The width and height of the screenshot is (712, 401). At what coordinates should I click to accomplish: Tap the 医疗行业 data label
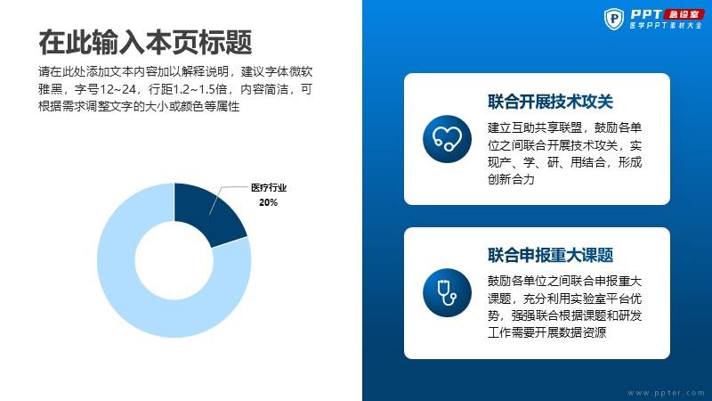pos(269,187)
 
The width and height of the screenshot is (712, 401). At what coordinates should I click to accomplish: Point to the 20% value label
pos(269,202)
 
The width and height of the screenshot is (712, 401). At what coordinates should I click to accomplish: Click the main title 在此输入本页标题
pos(145,42)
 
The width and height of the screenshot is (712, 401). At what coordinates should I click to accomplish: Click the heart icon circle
pos(447,139)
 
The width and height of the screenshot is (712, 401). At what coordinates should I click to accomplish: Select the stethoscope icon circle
pos(447,292)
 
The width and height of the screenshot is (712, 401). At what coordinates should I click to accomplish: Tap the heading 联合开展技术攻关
pos(550,102)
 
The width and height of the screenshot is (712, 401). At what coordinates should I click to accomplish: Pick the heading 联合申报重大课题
pos(550,255)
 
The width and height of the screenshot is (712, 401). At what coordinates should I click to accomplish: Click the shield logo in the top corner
pos(614,19)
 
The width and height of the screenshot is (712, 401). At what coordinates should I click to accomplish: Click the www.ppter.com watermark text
pos(666,393)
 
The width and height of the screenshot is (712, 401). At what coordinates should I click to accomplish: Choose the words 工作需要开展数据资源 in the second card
pos(546,332)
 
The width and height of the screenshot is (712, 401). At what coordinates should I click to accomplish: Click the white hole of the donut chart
pos(174,260)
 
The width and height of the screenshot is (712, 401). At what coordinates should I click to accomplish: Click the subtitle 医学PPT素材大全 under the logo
pos(666,26)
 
